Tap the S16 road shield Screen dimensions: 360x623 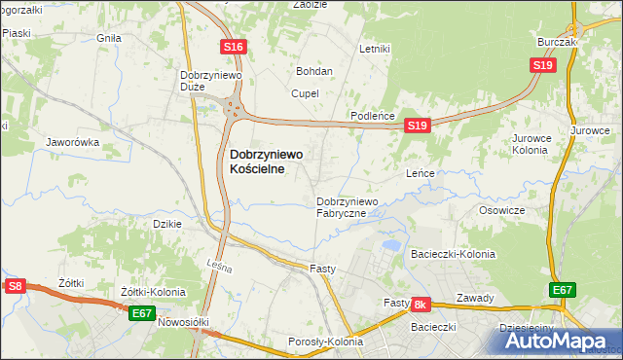233,46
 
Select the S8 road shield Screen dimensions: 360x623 15,286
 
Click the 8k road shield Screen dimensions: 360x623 421,305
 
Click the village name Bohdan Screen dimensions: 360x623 315,71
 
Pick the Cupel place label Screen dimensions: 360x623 305,93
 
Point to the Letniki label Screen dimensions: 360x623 375,49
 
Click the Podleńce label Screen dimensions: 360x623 372,116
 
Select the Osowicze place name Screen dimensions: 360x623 502,210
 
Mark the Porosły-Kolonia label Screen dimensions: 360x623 325,342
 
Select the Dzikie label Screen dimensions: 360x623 169,224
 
